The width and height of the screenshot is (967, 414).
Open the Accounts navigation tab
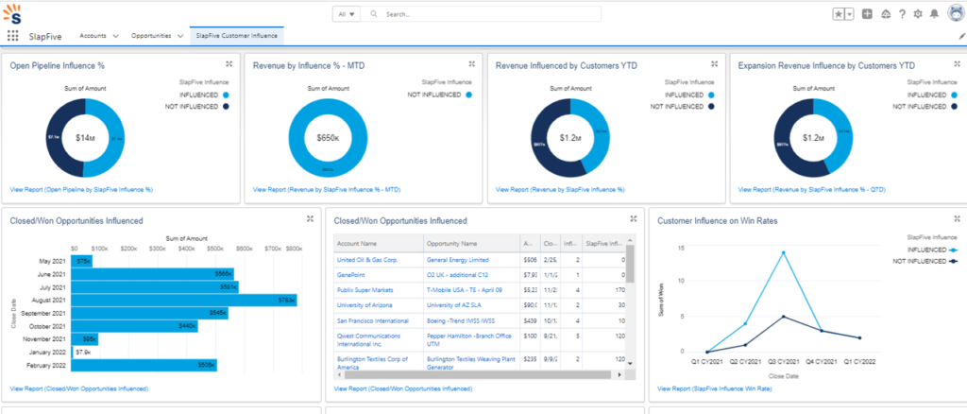pos(92,35)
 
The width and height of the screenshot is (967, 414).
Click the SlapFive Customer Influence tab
pos(236,35)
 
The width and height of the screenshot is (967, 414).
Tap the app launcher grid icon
pos(13,36)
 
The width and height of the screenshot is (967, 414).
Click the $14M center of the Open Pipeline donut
pos(85,138)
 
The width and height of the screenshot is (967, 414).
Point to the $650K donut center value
pos(328,138)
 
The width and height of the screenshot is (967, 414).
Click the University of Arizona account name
pos(370,305)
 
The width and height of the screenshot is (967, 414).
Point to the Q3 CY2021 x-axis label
pos(782,361)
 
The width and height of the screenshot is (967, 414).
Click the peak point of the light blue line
pos(782,252)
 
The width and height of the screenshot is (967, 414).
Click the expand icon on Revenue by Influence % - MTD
pos(471,63)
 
